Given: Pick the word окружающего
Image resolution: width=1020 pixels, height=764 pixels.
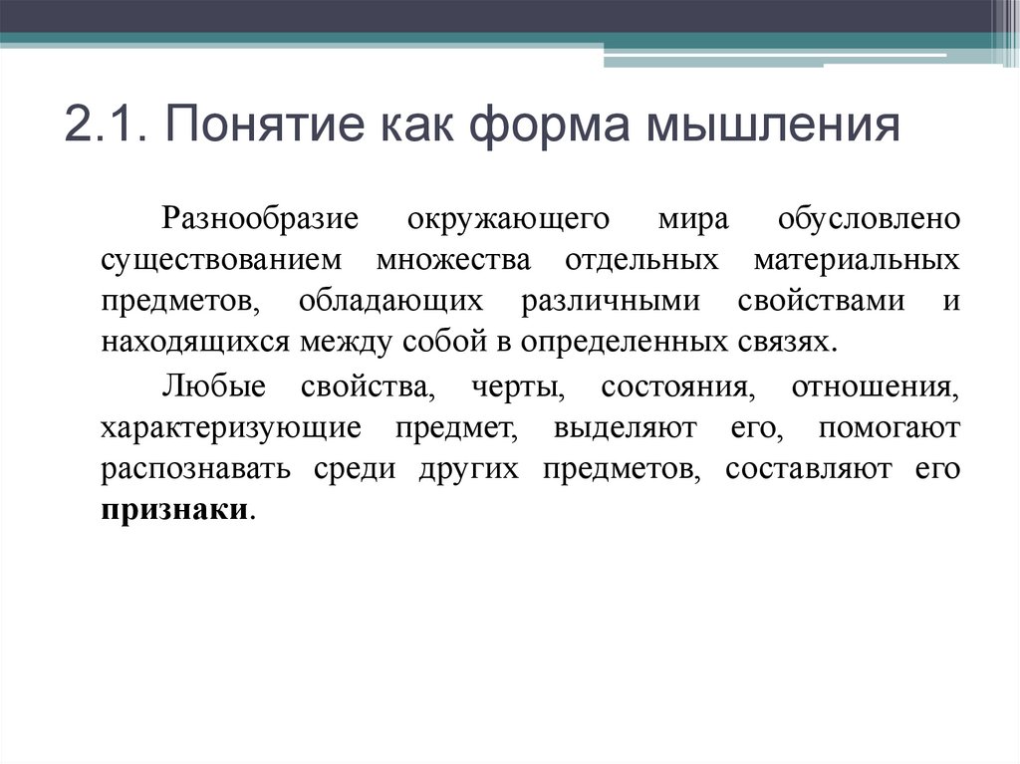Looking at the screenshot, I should coord(493,218).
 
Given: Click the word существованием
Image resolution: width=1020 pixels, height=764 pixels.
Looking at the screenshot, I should coord(220,259).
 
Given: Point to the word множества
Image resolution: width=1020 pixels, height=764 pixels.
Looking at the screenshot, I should coord(454,259).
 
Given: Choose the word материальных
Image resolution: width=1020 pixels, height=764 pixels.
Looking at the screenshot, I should coord(857,259).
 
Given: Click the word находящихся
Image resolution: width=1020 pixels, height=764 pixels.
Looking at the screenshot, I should coord(195,342).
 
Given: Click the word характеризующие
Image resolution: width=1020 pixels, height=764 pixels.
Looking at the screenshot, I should coord(230,427).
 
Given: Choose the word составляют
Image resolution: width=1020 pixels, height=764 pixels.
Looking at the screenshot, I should coord(808,469).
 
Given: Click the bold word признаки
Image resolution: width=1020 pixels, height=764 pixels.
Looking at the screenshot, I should coord(173,510).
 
